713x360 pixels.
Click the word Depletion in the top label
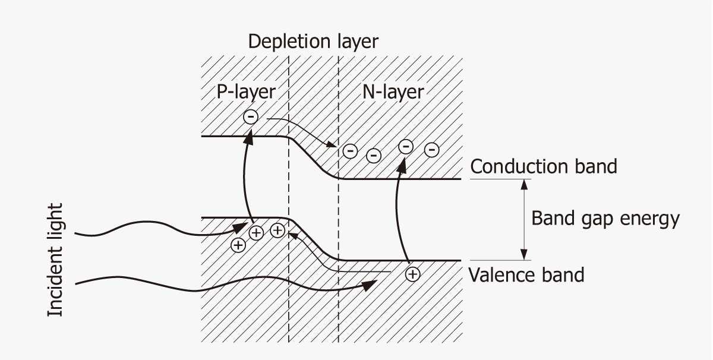[x=281, y=42]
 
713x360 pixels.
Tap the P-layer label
[x=245, y=91]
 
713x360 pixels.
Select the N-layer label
[x=393, y=91]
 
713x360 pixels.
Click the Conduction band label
[x=544, y=166]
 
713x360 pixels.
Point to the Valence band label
[x=526, y=275]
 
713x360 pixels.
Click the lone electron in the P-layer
[x=251, y=118]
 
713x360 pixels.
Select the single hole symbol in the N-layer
[x=412, y=274]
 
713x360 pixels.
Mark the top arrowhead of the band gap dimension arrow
[x=523, y=184]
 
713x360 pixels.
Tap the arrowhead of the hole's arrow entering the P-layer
[x=292, y=234]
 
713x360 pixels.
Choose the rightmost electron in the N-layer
[x=433, y=149]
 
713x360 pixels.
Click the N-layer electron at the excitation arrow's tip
[x=406, y=146]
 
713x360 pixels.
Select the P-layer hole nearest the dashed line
[x=277, y=230]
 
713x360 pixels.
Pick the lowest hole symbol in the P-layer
[x=238, y=244]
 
